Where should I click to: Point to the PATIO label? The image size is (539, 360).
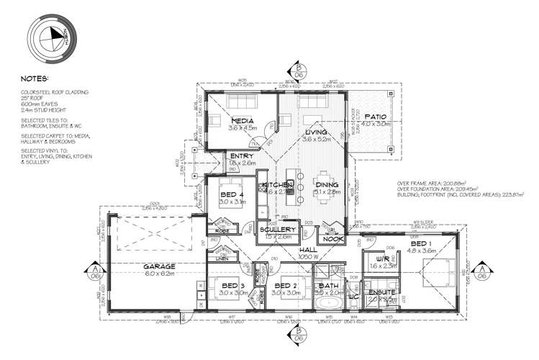(x=376, y=116)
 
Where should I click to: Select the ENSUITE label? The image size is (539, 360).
(x=382, y=292)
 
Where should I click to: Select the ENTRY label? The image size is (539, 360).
(x=238, y=156)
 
